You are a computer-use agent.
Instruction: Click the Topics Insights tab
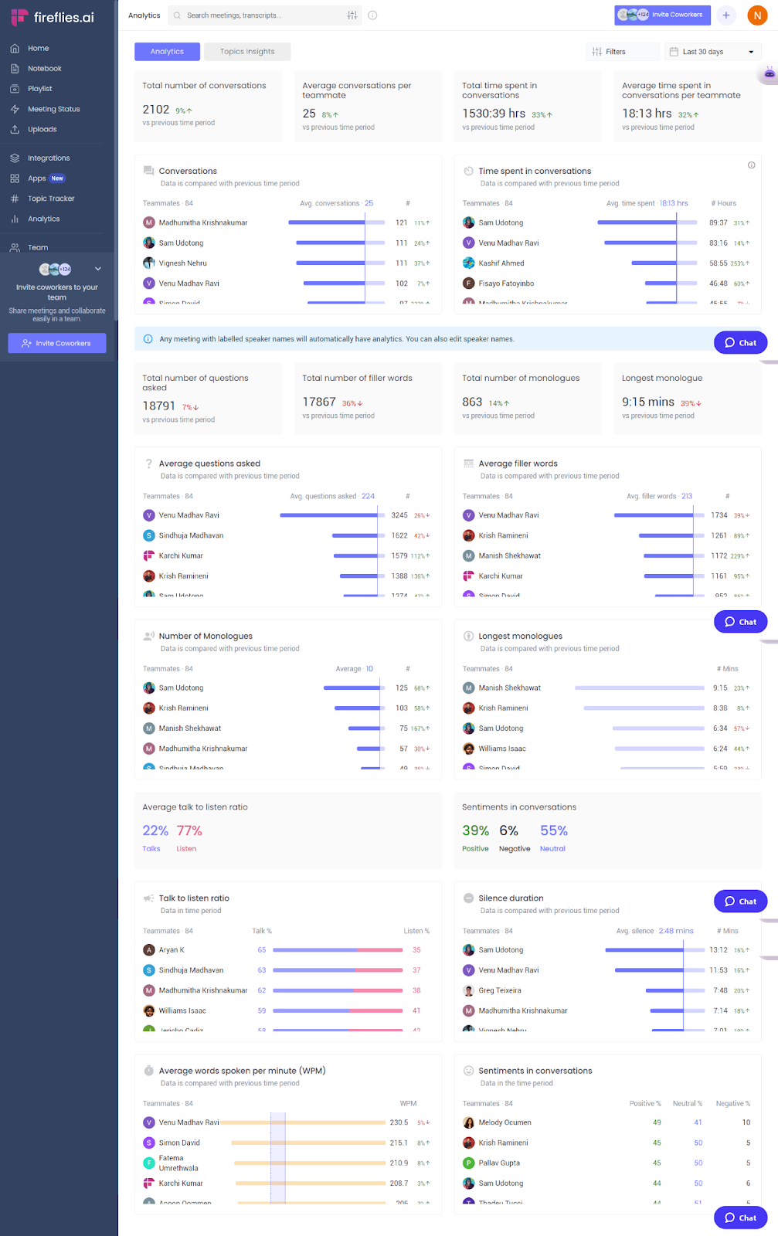pos(246,52)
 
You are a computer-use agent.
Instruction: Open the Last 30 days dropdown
pos(712,52)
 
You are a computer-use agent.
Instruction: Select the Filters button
pos(609,52)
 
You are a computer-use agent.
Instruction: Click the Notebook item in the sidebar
pos(44,69)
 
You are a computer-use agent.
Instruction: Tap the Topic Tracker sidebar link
pos(51,199)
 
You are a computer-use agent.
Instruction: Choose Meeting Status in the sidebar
pos(53,109)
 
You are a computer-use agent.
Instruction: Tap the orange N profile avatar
pos(757,15)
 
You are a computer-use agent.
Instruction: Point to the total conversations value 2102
pos(156,110)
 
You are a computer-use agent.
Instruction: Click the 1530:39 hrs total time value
pos(494,114)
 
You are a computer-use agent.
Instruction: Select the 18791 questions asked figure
pos(158,406)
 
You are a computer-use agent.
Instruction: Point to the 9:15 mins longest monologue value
pos(647,402)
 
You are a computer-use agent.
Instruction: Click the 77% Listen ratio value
pos(189,831)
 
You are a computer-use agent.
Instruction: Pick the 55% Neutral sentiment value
pos(553,831)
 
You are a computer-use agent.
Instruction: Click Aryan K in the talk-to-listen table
pos(172,950)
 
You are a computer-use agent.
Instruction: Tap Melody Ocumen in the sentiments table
pos(505,1122)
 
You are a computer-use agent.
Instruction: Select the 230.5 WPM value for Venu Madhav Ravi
pos(399,1122)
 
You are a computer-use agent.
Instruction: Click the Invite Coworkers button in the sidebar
pos(57,343)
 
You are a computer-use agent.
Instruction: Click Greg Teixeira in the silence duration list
pos(499,990)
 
